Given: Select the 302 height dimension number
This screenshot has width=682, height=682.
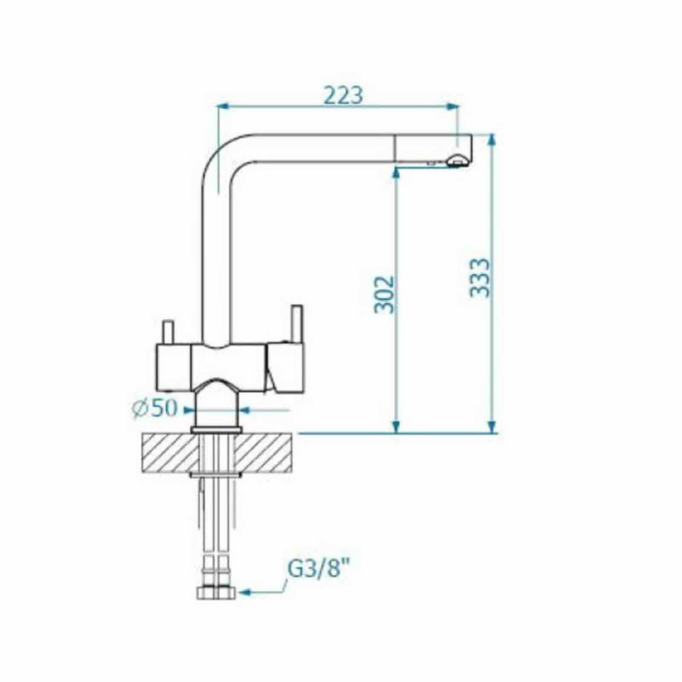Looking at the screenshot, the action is [x=385, y=295].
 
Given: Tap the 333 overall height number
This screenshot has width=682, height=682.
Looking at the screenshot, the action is [x=479, y=278].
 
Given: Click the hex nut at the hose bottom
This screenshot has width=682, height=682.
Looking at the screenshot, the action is [x=216, y=593].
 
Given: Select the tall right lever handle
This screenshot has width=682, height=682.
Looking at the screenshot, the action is [x=297, y=323].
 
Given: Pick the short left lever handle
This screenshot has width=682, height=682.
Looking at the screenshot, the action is [x=168, y=332].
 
